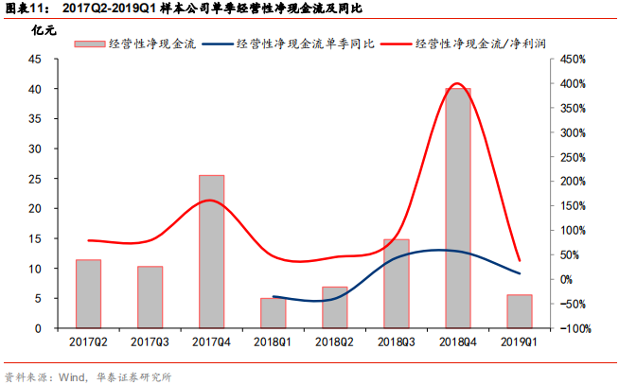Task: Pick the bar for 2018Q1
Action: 273,313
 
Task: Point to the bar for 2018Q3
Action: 396,284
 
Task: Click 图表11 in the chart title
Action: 27,9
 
